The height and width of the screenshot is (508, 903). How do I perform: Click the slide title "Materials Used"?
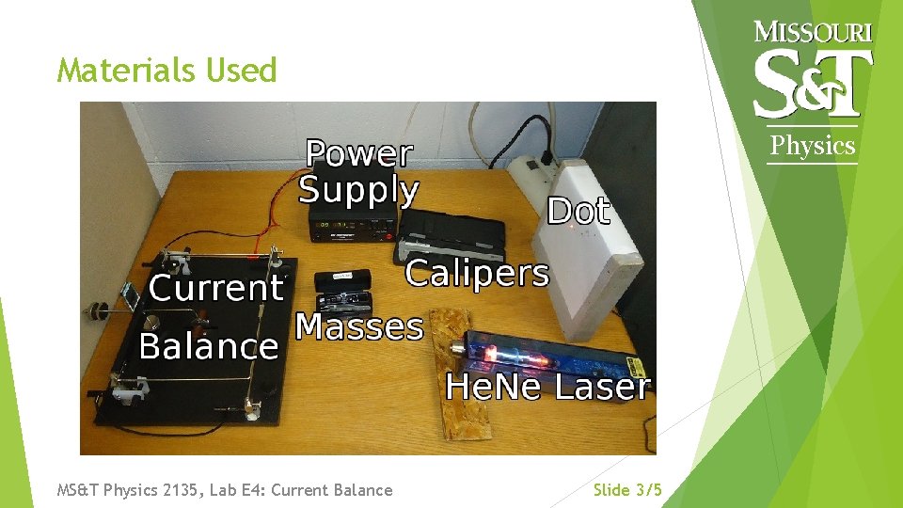click(x=166, y=71)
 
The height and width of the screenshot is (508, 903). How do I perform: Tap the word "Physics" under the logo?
click(x=813, y=146)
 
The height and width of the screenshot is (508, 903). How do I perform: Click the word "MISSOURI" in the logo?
click(x=814, y=32)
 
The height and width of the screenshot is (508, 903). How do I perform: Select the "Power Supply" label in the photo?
click(x=358, y=172)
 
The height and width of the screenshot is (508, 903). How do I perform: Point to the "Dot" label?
click(x=578, y=211)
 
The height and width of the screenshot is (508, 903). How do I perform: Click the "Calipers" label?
click(x=476, y=274)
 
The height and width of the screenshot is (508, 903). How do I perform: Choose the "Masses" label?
click(x=359, y=326)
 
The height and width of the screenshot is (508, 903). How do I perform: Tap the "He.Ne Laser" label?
click(x=547, y=387)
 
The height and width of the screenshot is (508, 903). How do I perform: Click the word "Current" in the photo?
click(x=215, y=288)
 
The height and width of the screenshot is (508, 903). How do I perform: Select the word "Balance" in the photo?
click(x=209, y=346)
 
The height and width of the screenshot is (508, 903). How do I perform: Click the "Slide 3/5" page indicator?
click(x=627, y=490)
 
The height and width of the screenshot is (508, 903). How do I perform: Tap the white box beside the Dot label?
click(x=598, y=254)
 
